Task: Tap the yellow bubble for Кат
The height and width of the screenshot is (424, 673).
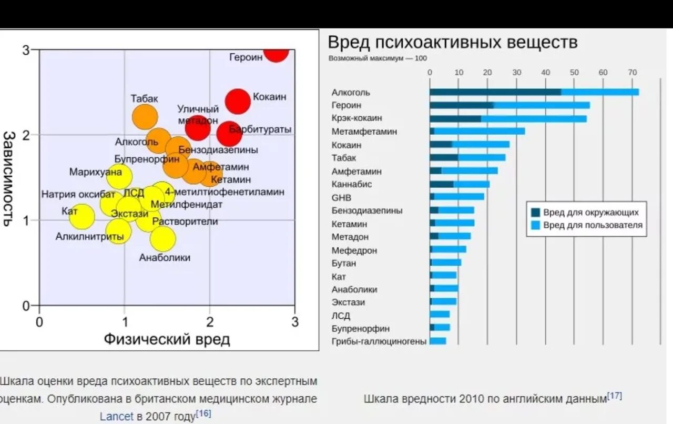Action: (x=81, y=217)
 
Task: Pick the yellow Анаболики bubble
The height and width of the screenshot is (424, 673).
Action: (x=162, y=238)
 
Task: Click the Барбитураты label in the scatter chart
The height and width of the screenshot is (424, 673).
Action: (x=261, y=129)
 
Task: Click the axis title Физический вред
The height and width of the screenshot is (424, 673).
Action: (x=167, y=339)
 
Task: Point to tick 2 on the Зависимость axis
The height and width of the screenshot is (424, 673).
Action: (x=26, y=135)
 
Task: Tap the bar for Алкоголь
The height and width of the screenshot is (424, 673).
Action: (x=534, y=92)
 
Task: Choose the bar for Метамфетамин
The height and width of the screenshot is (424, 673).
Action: (x=477, y=132)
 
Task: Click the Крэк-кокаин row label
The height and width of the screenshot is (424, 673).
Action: (x=357, y=118)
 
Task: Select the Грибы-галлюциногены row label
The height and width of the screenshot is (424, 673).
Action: (x=379, y=342)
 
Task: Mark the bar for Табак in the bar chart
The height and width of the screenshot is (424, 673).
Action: (x=467, y=158)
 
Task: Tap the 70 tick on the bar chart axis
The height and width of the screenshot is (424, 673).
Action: (x=632, y=73)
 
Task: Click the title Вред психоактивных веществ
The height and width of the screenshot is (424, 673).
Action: (x=453, y=43)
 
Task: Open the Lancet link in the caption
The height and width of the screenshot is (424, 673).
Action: (x=117, y=416)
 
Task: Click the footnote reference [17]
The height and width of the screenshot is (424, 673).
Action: (x=615, y=396)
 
